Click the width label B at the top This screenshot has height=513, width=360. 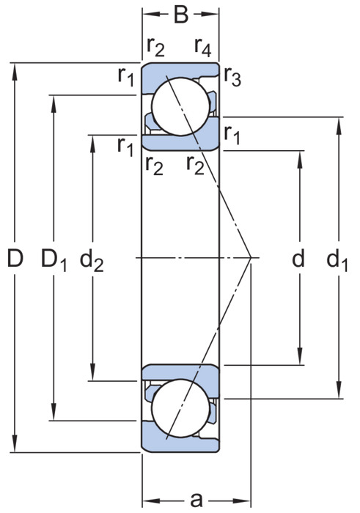pyautogui.click(x=181, y=15)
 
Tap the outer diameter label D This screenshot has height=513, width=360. pyautogui.click(x=15, y=258)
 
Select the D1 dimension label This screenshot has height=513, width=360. pyautogui.click(x=54, y=259)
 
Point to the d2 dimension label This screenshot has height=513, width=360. pyautogui.click(x=92, y=259)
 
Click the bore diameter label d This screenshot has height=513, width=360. pyautogui.click(x=298, y=258)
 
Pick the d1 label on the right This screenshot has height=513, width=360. pyautogui.click(x=337, y=259)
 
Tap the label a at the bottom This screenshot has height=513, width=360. pyautogui.click(x=196, y=500)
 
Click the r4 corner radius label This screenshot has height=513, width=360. pyautogui.click(x=203, y=46)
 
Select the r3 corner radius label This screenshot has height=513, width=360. pyautogui.click(x=232, y=77)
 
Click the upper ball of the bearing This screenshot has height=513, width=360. pyautogui.click(x=180, y=106)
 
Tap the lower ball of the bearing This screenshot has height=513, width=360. pyautogui.click(x=180, y=408)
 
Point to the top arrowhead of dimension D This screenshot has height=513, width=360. pyautogui.click(x=15, y=71)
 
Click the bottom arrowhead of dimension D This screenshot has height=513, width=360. pyautogui.click(x=15, y=444)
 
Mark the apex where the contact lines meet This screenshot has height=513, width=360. pyautogui.click(x=251, y=258)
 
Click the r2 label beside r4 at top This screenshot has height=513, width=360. pyautogui.click(x=155, y=46)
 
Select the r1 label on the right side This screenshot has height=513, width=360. pyautogui.click(x=232, y=135)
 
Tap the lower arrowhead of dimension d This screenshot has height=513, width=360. pyautogui.click(x=299, y=356)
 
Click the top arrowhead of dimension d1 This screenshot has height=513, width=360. pyautogui.click(x=339, y=125)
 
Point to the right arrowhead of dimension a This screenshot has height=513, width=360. pyautogui.click(x=242, y=501)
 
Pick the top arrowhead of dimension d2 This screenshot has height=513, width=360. pyautogui.click(x=92, y=144)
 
